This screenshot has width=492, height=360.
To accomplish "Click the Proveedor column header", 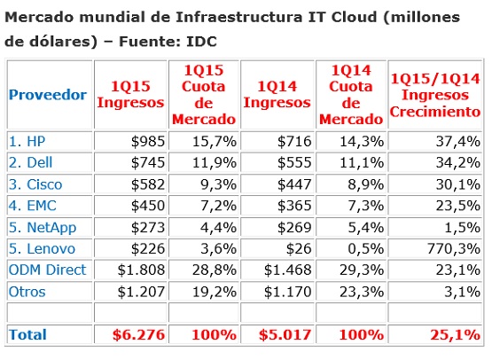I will pos(48,95).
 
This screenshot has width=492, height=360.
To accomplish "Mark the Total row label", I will pos(27,334).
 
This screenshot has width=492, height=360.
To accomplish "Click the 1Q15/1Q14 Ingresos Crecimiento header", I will pos(434,95).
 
